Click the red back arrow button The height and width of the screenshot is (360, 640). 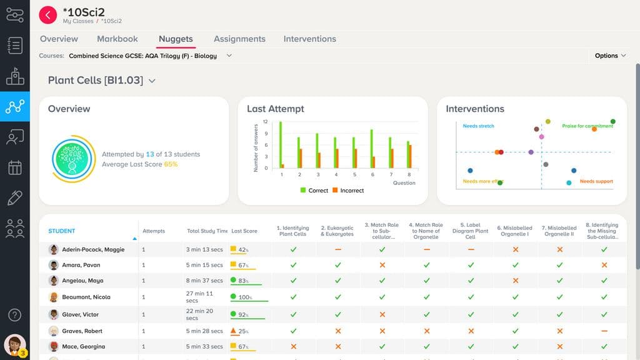pos(47,15)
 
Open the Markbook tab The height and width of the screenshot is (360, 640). pos(117,39)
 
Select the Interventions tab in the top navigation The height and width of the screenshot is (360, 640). pos(309,39)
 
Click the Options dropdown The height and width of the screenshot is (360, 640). pos(610,56)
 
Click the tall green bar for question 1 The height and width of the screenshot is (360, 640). pos(280,144)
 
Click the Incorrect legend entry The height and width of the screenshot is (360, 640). pos(347,191)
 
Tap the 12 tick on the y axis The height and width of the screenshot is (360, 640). pos(265,122)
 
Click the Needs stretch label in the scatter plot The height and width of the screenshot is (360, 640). pos(478,126)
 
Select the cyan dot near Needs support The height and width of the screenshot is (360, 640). pos(569,183)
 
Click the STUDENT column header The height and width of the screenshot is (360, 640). pos(62,231)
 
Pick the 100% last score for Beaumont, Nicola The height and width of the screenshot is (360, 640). pos(244,297)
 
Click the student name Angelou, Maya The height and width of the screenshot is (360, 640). pos(82,281)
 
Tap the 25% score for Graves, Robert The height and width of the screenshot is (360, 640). pos(242,331)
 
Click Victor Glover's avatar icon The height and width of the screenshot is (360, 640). pos(54,314)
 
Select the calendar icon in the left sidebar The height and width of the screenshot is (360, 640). pos(14,168)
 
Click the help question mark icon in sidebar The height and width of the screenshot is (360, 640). pos(14,315)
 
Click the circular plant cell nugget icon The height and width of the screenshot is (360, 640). pos(73,159)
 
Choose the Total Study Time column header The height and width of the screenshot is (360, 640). pos(207,231)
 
